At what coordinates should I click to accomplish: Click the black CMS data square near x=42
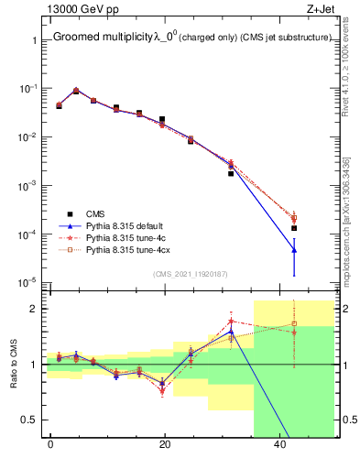pos(294,228)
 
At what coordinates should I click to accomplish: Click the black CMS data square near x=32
pos(231,173)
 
